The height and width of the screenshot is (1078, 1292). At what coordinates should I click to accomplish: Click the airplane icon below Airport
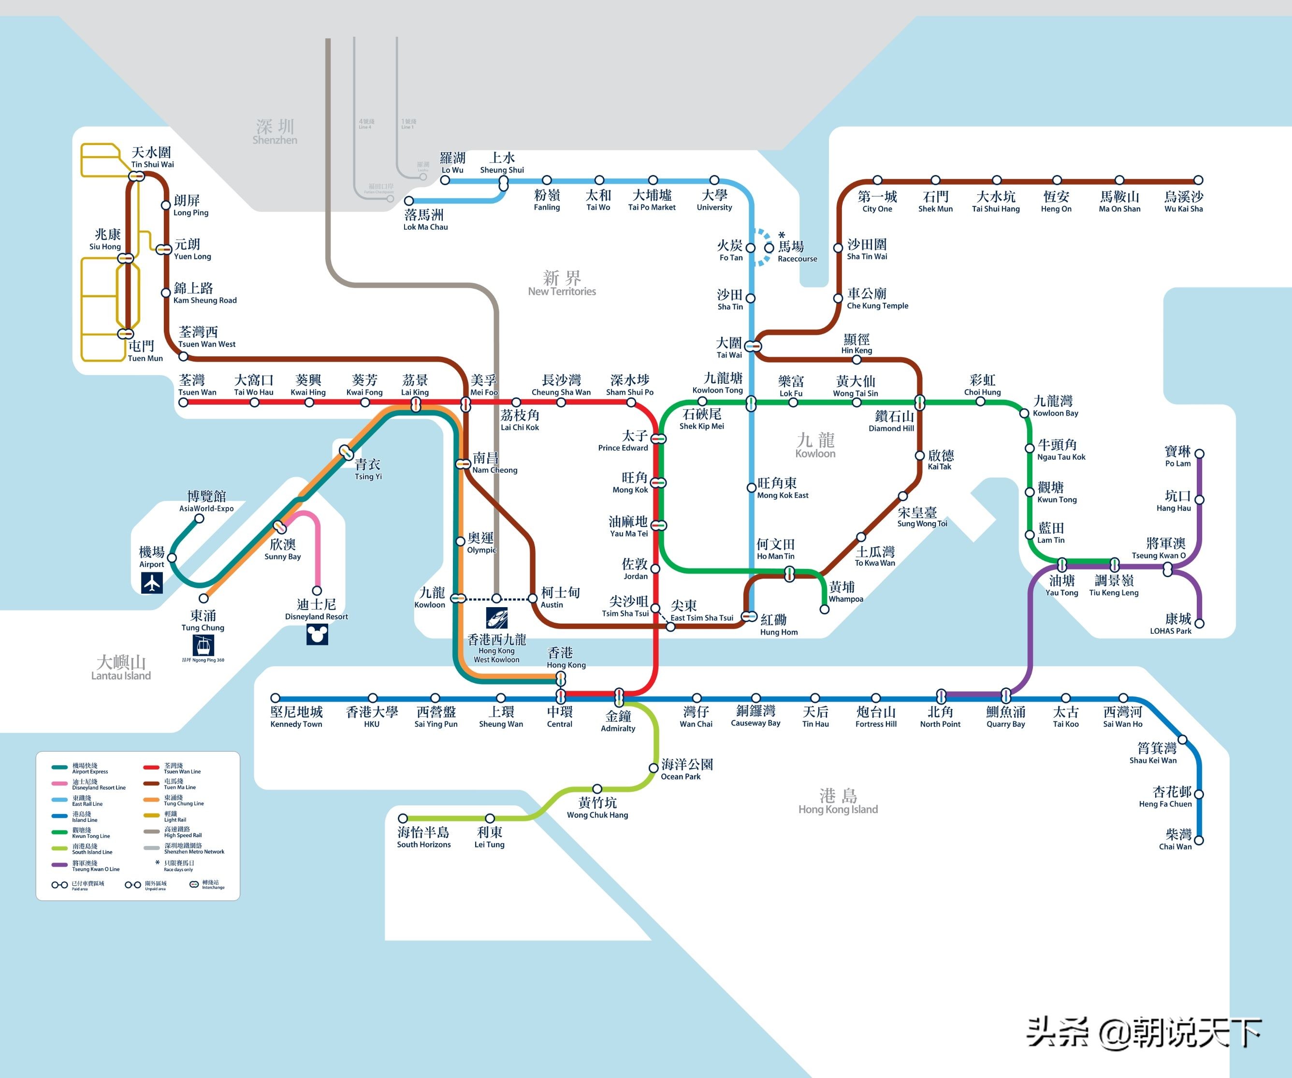152,582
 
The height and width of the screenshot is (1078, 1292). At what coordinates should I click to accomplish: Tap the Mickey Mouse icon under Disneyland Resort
317,634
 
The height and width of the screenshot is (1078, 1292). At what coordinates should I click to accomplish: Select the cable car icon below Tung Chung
203,645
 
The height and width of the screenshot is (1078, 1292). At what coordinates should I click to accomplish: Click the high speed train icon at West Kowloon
496,618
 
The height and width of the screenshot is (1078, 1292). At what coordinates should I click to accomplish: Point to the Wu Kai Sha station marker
1198,180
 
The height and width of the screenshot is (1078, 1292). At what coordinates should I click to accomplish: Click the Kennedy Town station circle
276,698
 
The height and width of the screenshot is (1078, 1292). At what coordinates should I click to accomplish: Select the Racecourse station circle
769,248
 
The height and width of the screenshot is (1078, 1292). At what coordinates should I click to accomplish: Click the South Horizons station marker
403,818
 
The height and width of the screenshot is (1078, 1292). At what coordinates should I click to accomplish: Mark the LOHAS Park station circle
1199,623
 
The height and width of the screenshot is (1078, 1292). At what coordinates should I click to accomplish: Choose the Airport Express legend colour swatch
59,767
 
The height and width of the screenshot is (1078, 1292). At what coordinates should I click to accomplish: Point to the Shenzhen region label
275,131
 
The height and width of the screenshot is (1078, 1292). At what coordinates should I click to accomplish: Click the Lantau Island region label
121,668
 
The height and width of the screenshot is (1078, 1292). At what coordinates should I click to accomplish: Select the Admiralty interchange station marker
619,697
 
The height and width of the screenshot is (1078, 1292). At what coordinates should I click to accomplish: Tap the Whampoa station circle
825,610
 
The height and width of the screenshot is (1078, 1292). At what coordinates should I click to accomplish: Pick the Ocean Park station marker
653,768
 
